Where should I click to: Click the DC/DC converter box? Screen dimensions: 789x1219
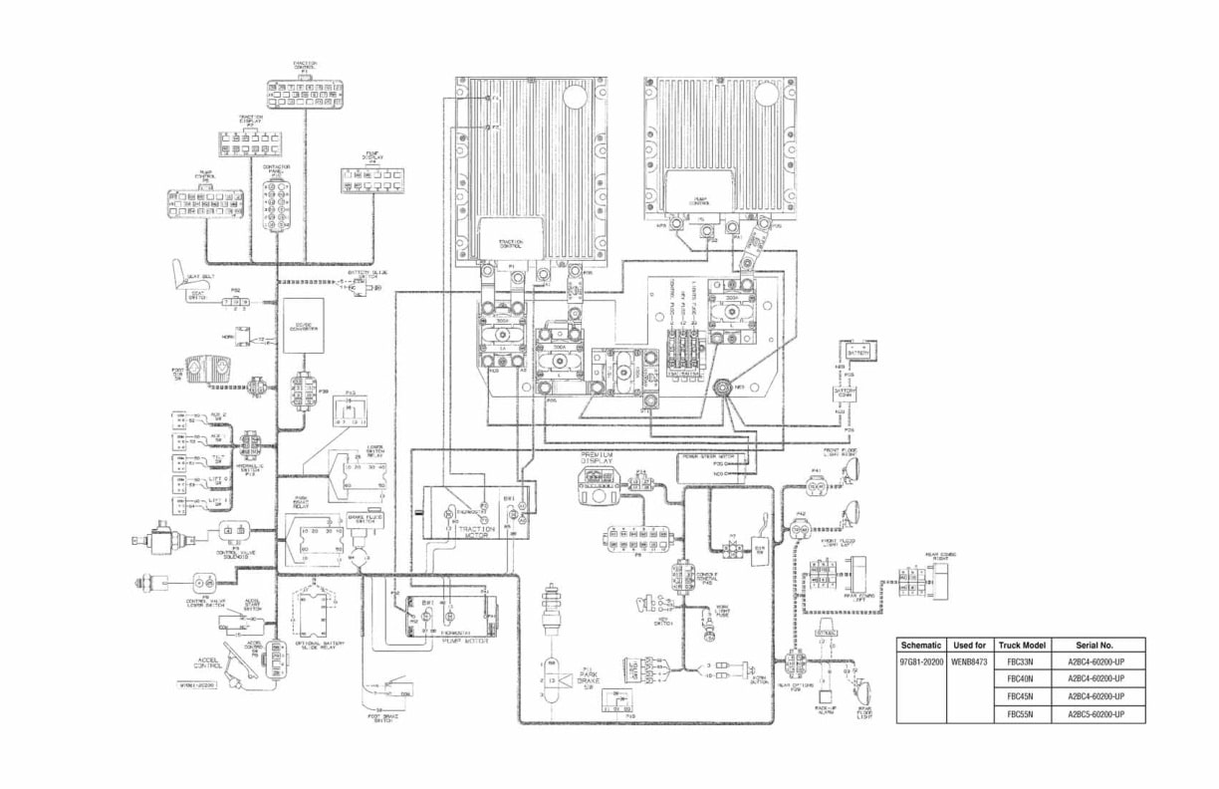pyautogui.click(x=304, y=326)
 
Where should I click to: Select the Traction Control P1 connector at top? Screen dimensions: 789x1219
pyautogui.click(x=305, y=94)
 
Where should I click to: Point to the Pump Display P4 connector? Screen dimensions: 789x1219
pyautogui.click(x=372, y=179)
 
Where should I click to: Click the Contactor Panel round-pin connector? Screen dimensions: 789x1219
pyautogui.click(x=276, y=204)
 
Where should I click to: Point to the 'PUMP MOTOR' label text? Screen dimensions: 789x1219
pyautogui.click(x=458, y=643)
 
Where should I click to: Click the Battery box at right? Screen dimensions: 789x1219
pyautogui.click(x=856, y=352)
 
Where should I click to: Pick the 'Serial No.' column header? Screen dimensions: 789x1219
pyautogui.click(x=1096, y=646)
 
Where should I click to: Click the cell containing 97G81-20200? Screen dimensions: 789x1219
pyautogui.click(x=920, y=662)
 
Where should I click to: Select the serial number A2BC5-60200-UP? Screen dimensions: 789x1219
pyautogui.click(x=1096, y=714)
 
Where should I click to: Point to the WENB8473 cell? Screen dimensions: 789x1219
pyautogui.click(x=970, y=662)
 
